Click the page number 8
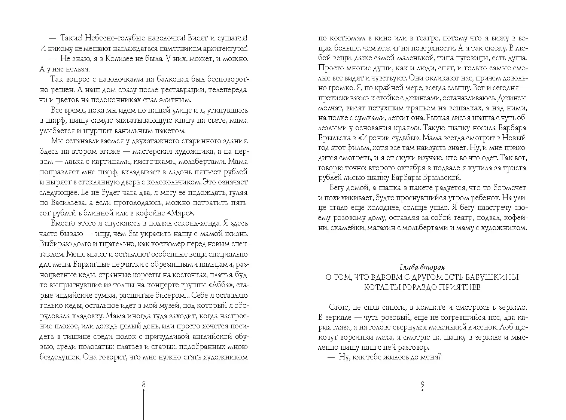coord(144,384)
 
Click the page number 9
coord(422,384)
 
